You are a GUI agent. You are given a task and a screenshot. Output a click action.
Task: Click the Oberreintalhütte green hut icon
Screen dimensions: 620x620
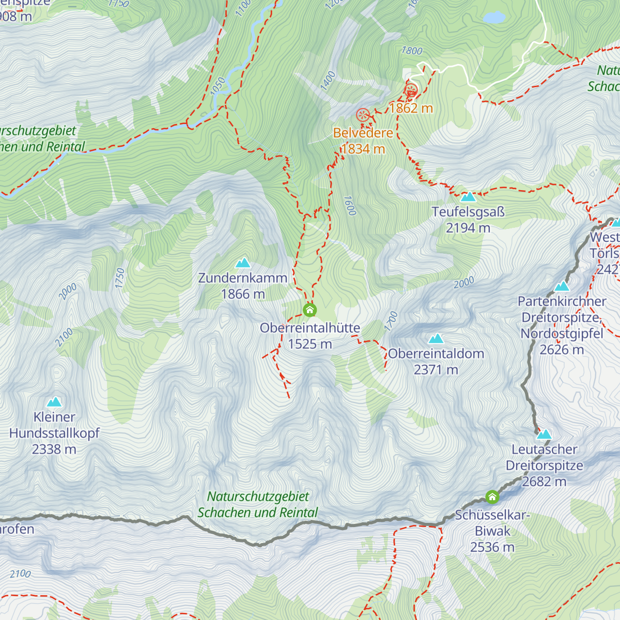pyautogui.click(x=309, y=310)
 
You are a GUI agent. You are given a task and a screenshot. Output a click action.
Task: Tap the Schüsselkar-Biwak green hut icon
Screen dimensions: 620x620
pyautogui.click(x=492, y=498)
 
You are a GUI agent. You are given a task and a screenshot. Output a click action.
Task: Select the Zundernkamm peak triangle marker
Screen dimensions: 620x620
pyautogui.click(x=243, y=263)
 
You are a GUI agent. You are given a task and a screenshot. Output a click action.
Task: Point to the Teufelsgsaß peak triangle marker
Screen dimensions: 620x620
pyautogui.click(x=468, y=197)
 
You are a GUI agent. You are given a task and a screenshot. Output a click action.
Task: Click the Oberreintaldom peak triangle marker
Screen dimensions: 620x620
pyautogui.click(x=437, y=339)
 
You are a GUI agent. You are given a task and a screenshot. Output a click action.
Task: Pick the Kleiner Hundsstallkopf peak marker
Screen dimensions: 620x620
pyautogui.click(x=54, y=402)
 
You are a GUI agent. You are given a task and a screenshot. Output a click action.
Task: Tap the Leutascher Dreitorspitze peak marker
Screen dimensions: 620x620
pyautogui.click(x=544, y=434)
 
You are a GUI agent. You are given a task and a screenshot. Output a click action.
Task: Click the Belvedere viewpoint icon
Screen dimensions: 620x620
pyautogui.click(x=363, y=115)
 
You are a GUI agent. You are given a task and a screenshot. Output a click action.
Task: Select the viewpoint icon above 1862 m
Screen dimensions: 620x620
pyautogui.click(x=411, y=90)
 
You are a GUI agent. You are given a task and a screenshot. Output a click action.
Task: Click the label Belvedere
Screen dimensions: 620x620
pyautogui.click(x=363, y=133)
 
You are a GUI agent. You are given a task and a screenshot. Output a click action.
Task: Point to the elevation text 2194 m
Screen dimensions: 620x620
pyautogui.click(x=468, y=228)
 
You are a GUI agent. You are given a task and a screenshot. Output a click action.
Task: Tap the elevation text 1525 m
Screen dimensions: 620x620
pyautogui.click(x=310, y=344)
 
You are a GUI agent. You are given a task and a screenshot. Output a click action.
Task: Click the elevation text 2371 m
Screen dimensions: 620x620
pyautogui.click(x=436, y=370)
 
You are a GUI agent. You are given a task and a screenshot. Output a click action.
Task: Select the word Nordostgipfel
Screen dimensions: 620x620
pyautogui.click(x=562, y=334)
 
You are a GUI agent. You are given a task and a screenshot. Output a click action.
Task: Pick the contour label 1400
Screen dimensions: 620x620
pyautogui.click(x=328, y=81)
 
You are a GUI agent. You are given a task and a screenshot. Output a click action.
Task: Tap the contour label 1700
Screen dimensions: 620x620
pyautogui.click(x=392, y=321)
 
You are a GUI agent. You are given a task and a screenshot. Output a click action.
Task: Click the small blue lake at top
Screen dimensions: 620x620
pyautogui.click(x=494, y=18)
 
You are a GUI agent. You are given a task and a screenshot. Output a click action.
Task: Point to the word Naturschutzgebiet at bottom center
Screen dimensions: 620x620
pyautogui.click(x=258, y=497)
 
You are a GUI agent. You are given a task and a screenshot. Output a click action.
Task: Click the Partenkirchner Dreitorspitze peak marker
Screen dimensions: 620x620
pyautogui.click(x=562, y=286)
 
